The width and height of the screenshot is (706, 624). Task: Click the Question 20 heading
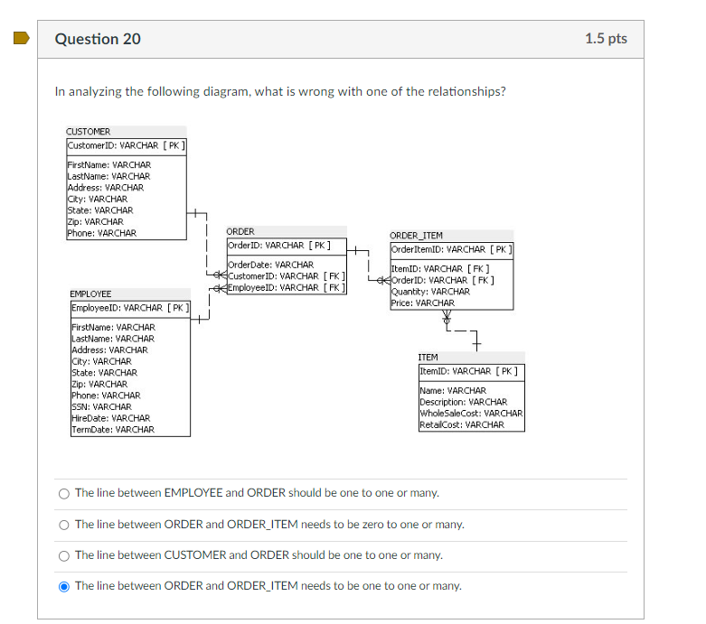pyautogui.click(x=98, y=39)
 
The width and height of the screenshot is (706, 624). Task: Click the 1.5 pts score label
pyautogui.click(x=605, y=39)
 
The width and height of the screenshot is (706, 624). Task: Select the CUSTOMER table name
pyautogui.click(x=88, y=132)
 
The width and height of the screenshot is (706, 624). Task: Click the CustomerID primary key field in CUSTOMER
pyautogui.click(x=126, y=145)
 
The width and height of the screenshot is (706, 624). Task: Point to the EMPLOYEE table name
pyautogui.click(x=90, y=294)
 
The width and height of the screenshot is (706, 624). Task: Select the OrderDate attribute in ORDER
pyautogui.click(x=270, y=265)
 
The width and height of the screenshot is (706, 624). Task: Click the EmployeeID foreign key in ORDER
pyautogui.click(x=286, y=287)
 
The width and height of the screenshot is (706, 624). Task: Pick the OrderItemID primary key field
pyautogui.click(x=451, y=249)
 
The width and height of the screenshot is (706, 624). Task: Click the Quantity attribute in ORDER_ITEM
pyautogui.click(x=430, y=292)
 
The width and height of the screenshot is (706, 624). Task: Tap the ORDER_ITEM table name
pyautogui.click(x=416, y=236)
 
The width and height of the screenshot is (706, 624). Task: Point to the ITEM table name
pyautogui.click(x=428, y=358)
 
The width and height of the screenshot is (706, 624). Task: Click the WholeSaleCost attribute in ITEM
pyautogui.click(x=471, y=414)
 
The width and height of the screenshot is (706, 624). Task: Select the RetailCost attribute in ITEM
pyautogui.click(x=462, y=424)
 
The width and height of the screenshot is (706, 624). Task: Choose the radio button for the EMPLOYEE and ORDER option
pyautogui.click(x=63, y=493)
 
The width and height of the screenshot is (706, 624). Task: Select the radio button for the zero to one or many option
pyautogui.click(x=63, y=525)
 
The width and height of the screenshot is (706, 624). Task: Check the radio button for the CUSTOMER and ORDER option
pyautogui.click(x=63, y=555)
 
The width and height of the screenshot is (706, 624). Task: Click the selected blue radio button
pyautogui.click(x=63, y=586)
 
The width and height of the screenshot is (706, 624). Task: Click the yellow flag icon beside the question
pyautogui.click(x=19, y=39)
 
